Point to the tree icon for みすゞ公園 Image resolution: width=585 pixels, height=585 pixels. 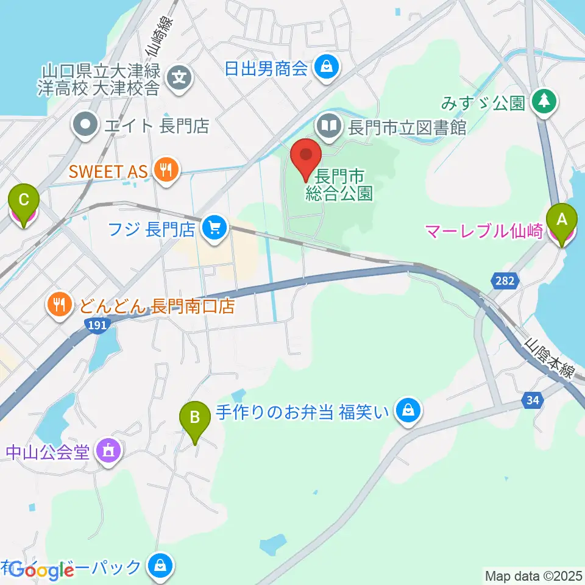coord(544,102)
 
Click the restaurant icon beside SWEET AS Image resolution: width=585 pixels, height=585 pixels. coord(165,171)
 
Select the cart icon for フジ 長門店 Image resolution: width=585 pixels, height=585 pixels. coord(214,230)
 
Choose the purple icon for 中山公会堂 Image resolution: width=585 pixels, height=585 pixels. coord(109,452)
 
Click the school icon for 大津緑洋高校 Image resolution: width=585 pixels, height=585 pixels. coord(180,77)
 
